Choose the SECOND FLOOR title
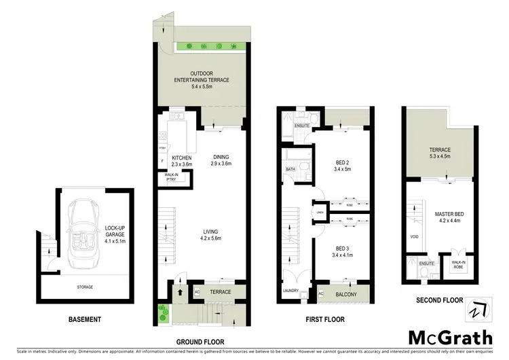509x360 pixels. (x=440, y=300)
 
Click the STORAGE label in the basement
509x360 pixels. (x=82, y=288)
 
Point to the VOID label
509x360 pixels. (x=414, y=236)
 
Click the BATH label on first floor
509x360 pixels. (x=290, y=169)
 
